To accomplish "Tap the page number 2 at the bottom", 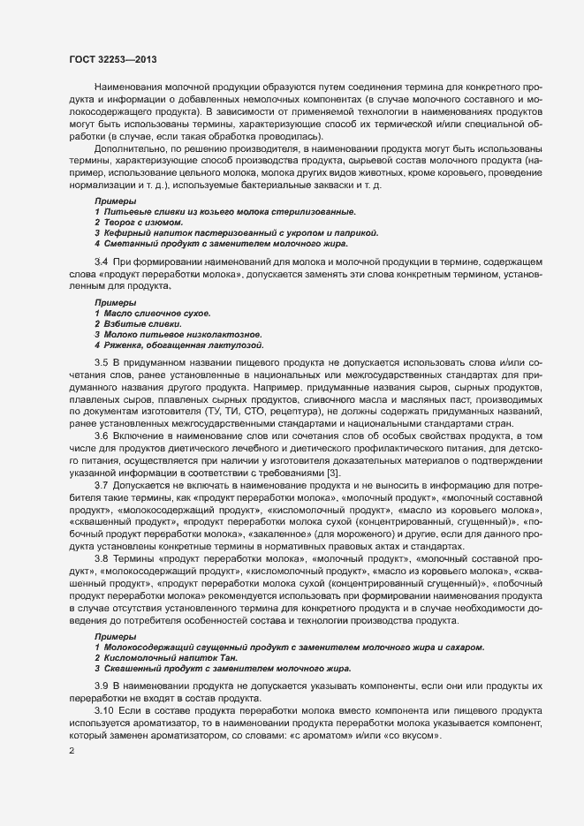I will [x=72, y=751].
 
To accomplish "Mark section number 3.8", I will [x=101, y=560].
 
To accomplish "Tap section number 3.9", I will [x=101, y=686].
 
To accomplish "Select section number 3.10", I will [x=103, y=711].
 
